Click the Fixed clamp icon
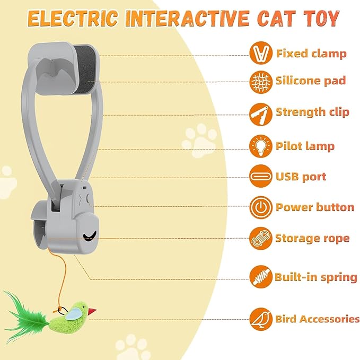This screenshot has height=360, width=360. point(261,53)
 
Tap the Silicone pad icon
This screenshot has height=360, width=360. point(261,81)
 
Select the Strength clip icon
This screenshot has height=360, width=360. point(261,113)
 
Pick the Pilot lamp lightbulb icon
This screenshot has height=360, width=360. point(261,146)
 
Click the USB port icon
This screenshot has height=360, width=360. point(261,176)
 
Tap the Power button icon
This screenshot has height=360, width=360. point(261,207)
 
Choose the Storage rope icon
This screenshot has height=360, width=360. point(261,238)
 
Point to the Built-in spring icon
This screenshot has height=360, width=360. point(261,276)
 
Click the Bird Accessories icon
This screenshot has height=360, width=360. point(261,319)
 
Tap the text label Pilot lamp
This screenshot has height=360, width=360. point(305,146)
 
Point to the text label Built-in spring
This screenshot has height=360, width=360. point(315,277)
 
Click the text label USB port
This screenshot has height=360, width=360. point(301,177)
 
